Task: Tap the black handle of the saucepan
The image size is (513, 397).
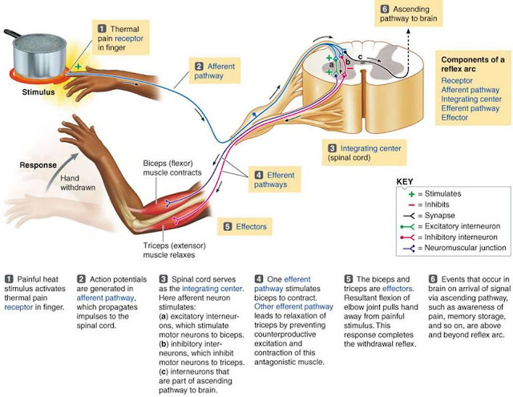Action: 12,34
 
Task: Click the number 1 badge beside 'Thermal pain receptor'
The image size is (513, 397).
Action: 102,29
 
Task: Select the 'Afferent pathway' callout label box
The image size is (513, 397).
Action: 215,71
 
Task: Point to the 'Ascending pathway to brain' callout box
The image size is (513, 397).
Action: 408,14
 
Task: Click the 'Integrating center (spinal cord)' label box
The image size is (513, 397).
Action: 364,152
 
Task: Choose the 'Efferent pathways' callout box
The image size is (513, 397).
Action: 274,180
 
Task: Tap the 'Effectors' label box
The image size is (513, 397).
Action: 244,226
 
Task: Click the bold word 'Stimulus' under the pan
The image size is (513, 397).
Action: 38,92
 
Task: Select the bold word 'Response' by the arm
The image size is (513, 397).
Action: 38,165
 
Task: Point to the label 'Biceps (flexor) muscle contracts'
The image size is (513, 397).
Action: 172,168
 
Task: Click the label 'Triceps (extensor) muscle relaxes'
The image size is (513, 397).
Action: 175,250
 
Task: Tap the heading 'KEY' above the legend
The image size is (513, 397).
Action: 405,181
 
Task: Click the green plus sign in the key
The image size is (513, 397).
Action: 411,194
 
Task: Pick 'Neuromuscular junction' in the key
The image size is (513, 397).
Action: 465,248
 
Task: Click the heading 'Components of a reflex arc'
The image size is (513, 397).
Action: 472,64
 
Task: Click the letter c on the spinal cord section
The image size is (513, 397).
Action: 360,57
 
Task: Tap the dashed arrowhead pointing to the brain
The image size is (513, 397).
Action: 408,31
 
